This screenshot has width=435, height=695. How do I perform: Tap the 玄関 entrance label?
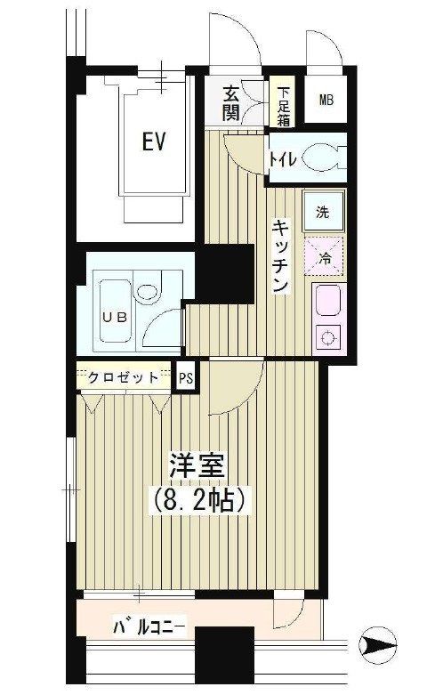[x=231, y=101]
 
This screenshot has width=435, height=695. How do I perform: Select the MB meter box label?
[x=326, y=98]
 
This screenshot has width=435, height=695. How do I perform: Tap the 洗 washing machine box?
[x=323, y=213]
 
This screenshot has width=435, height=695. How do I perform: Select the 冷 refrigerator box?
[x=323, y=257]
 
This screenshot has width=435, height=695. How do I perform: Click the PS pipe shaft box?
[x=187, y=377]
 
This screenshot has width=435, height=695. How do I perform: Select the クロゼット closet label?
[x=124, y=377]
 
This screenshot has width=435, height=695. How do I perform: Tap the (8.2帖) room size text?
[x=200, y=499]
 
